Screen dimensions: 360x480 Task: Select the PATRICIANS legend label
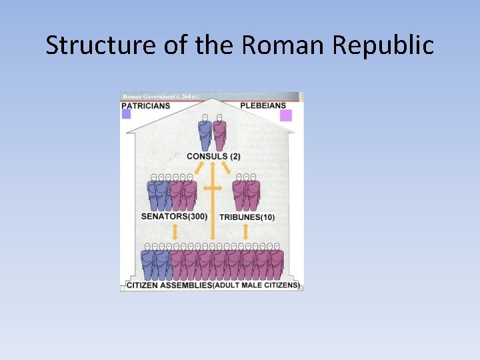[146, 105]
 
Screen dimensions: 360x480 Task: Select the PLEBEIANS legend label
[263, 105]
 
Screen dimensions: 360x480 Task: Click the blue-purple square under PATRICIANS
[126, 115]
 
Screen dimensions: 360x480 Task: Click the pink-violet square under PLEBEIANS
[286, 115]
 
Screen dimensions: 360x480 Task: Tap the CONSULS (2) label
[213, 157]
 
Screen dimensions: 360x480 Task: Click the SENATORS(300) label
[174, 217]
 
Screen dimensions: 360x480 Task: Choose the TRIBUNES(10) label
[247, 217]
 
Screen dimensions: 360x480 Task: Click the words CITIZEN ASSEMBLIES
[169, 286]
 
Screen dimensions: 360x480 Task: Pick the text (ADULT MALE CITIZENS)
[256, 286]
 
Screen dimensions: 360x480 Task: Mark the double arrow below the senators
[175, 232]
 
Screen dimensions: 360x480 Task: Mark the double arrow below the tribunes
[245, 232]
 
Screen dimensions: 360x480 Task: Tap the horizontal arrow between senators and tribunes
[213, 189]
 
